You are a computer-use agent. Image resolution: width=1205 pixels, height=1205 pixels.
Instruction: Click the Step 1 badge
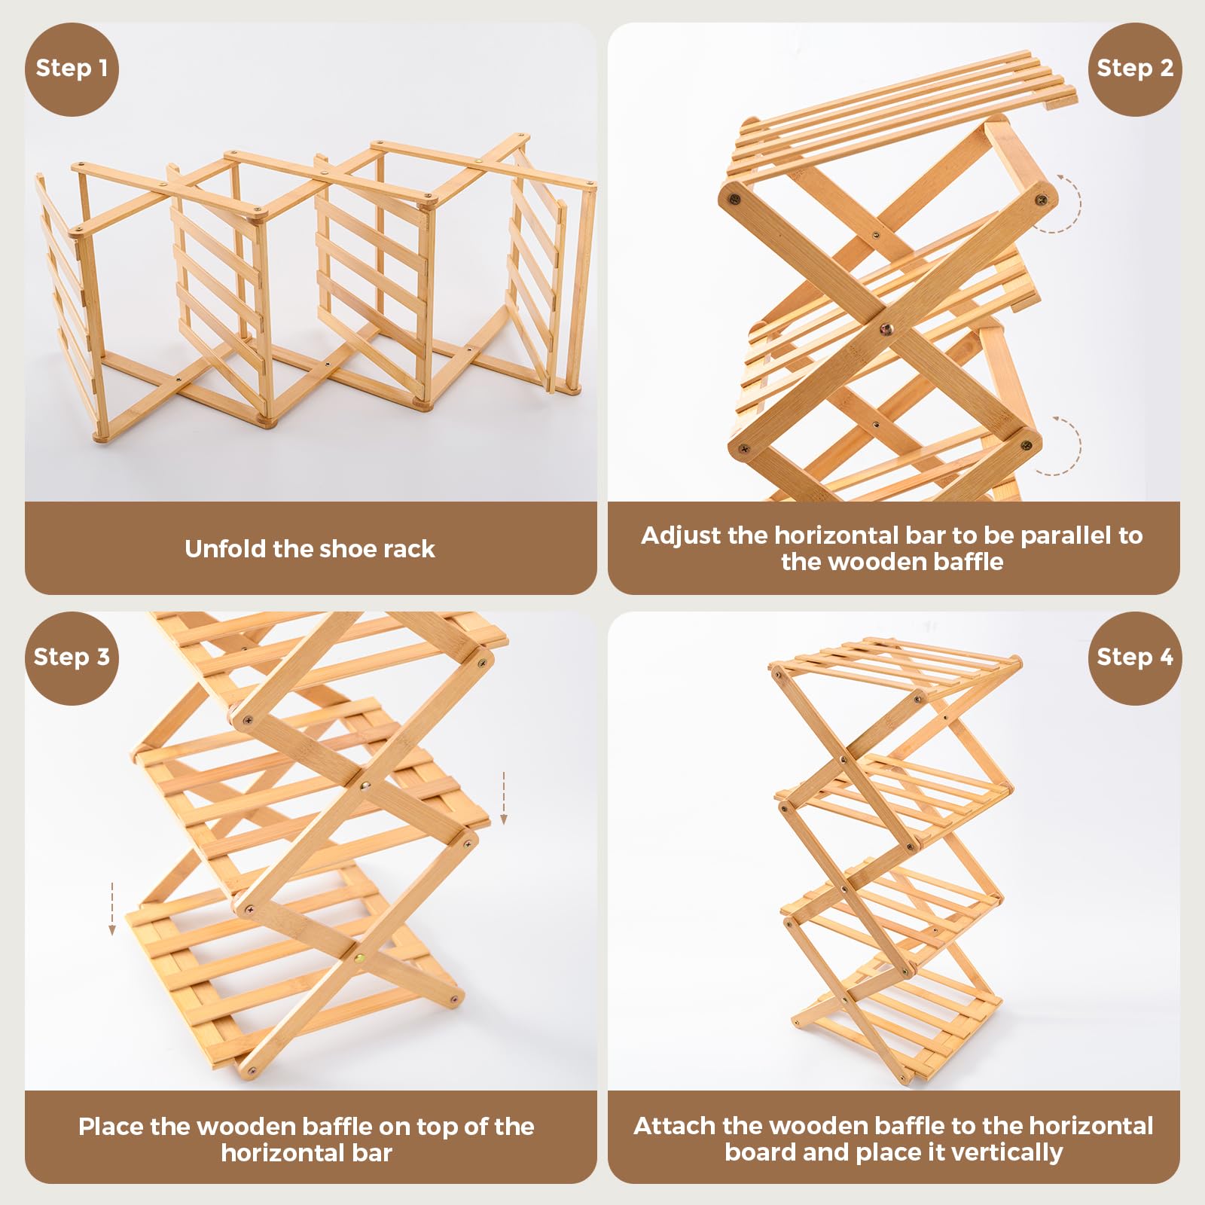[72, 69]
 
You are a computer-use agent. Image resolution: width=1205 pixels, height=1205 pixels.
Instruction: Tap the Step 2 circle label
[1134, 69]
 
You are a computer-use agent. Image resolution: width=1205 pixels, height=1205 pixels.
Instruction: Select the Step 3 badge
[72, 658]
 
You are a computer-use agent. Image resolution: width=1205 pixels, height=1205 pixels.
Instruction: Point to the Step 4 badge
[1134, 658]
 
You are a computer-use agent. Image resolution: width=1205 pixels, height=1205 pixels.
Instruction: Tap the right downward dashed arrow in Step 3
[504, 798]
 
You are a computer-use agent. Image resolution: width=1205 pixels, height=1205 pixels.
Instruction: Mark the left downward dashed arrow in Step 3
[112, 908]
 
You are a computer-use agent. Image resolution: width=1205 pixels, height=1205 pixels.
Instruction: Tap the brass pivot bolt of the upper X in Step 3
[365, 786]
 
